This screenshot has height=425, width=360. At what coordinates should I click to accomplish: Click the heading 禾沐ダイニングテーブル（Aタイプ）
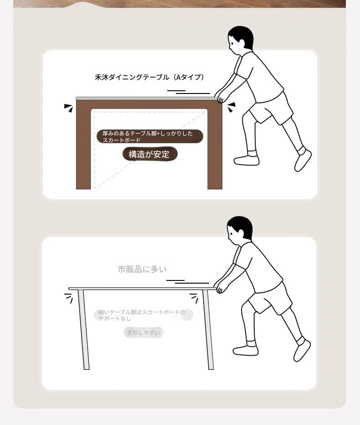coord(149,77)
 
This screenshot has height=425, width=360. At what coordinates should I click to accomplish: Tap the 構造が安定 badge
coord(150,154)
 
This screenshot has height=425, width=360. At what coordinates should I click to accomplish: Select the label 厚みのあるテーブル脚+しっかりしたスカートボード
coord(150,136)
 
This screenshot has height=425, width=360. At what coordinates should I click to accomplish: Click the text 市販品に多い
coord(142,269)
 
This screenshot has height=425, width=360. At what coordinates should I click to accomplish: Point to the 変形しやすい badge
coord(144,332)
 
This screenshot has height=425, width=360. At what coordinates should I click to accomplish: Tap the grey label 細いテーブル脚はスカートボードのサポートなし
coord(143,315)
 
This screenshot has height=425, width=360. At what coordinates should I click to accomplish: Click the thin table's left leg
coord(83,329)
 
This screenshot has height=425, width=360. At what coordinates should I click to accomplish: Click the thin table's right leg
coord(208,329)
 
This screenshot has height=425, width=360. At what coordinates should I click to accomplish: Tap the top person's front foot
coord(247,160)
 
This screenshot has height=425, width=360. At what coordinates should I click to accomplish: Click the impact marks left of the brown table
coord(68,108)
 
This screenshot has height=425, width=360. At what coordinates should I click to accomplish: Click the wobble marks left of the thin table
coord(68,298)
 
